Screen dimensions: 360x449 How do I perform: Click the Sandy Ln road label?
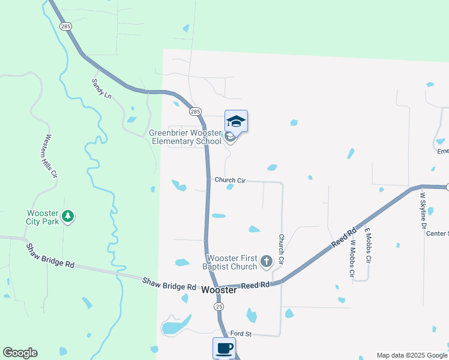pos(101,88)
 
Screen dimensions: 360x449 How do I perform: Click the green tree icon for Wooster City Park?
pos(68,215)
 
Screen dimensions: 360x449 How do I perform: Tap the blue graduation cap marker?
pos(236,121)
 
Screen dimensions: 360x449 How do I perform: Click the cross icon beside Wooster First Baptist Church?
pos(267,262)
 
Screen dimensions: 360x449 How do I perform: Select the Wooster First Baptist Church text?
pos(230,262)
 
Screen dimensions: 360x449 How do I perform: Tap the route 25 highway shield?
pos(219,306)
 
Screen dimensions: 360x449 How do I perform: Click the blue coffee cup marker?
pos(224,348)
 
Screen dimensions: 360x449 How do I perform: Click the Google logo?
pos(20,353)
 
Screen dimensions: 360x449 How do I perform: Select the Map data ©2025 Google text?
pos(412,355)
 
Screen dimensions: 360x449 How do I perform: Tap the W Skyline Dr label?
pos(423,210)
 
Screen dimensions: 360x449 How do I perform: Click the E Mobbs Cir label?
pos(368,247)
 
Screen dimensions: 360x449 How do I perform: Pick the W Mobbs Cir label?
pos(353,258)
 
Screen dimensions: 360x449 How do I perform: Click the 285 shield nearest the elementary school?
pos(195,111)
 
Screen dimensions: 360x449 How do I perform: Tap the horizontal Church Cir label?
pos(230,180)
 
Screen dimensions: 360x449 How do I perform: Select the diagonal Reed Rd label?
pos(345,238)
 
